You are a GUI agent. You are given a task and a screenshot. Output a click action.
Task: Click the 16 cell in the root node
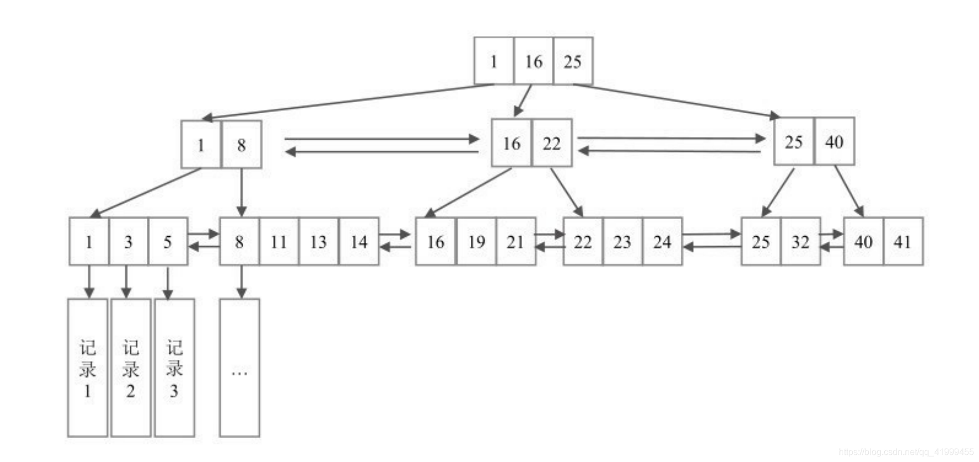(x=533, y=61)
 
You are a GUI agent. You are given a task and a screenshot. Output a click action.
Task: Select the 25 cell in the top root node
(x=573, y=61)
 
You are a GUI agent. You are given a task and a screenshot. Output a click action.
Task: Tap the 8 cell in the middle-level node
(x=242, y=145)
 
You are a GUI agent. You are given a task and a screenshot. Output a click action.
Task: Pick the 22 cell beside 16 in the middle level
(x=551, y=143)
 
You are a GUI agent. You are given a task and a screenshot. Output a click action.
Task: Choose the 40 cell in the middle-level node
(x=834, y=141)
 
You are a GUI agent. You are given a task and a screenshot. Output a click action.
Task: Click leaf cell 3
(x=129, y=241)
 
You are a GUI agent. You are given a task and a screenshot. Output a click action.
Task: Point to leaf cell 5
(x=168, y=241)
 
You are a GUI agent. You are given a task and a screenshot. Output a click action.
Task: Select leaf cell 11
(x=279, y=241)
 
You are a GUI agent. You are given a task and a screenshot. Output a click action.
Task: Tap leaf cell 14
(x=359, y=241)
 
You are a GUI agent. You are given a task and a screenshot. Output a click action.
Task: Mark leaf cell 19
(x=476, y=241)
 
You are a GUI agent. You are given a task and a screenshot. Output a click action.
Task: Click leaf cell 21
(x=516, y=241)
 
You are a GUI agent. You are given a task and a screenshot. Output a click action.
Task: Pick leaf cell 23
(x=622, y=241)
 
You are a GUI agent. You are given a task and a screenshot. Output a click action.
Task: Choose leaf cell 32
(x=800, y=241)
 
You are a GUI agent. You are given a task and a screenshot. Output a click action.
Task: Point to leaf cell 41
(x=903, y=241)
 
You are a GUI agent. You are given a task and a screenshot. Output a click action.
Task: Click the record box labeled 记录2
(x=131, y=368)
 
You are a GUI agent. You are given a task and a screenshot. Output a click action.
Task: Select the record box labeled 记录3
(x=175, y=368)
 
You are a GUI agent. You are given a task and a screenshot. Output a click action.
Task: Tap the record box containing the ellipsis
(x=239, y=368)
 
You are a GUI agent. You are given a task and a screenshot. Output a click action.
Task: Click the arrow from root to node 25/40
(x=676, y=100)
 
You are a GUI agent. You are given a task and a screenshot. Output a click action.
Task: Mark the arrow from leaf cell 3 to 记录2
(x=126, y=282)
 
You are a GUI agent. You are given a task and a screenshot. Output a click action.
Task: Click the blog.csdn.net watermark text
(x=906, y=452)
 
